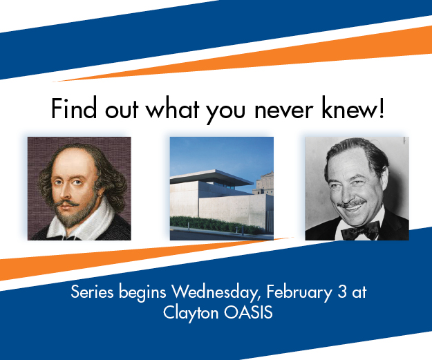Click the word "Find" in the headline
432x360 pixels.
pos(74,108)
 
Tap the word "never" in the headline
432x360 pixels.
pos(284,111)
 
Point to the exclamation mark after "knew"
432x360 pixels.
pos(382,108)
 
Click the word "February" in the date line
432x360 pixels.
pos(299,293)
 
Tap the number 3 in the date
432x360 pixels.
pos(342,292)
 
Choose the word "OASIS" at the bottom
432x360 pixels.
pos(248,312)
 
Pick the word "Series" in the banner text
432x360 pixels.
pos(92,292)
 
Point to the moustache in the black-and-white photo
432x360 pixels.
pos(353,204)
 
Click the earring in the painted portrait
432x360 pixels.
pos(101,196)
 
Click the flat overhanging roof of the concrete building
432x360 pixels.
pos(212,177)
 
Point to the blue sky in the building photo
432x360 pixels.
pos(220,154)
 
